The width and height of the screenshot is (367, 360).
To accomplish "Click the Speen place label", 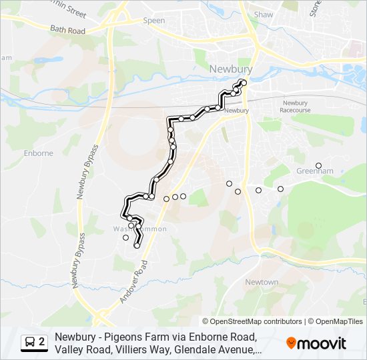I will (154, 21).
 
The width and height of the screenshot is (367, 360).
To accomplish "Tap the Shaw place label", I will (264, 14).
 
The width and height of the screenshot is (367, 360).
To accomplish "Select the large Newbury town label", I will (230, 69).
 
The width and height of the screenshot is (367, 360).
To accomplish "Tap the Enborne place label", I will (38, 153).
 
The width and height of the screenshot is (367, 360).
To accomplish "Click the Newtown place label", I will (262, 282).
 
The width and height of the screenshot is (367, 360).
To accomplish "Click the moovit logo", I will (316, 343).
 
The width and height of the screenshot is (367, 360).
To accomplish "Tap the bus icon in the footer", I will (30, 342).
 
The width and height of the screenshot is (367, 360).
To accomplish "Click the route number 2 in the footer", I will (42, 342).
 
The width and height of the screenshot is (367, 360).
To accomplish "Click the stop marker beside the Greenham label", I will (318, 165).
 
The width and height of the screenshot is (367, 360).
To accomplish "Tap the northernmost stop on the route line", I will (244, 83).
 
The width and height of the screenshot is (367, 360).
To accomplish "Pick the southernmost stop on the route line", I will (137, 246).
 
